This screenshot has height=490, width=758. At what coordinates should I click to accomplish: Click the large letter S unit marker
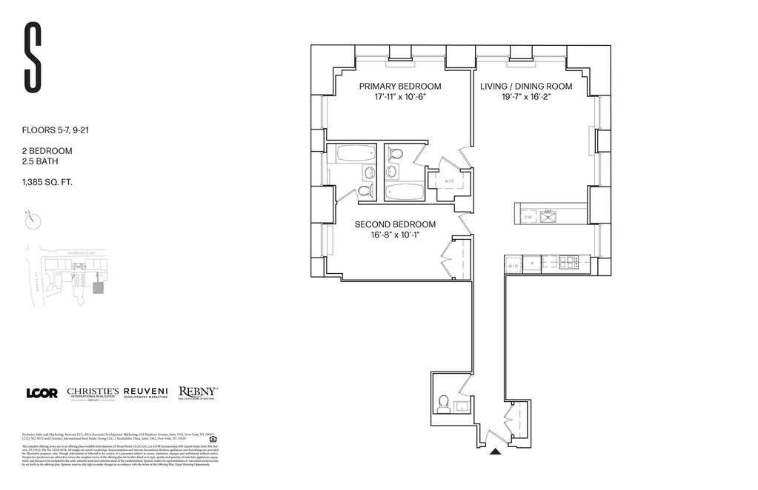click(x=32, y=58)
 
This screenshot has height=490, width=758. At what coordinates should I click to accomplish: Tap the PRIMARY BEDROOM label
click(x=400, y=87)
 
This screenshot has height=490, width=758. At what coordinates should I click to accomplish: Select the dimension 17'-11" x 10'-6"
click(x=400, y=98)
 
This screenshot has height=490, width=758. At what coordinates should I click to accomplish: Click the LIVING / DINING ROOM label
click(x=526, y=87)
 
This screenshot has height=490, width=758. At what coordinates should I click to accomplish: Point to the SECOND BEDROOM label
click(x=395, y=224)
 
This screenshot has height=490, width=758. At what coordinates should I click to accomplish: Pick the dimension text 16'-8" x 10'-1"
click(x=395, y=235)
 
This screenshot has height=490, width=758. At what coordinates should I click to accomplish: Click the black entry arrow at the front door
click(x=496, y=449)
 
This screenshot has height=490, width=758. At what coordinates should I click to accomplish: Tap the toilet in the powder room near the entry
click(x=444, y=403)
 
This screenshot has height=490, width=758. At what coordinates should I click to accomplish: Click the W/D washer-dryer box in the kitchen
click(x=513, y=264)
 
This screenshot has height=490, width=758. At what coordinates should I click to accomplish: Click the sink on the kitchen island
click(x=548, y=216)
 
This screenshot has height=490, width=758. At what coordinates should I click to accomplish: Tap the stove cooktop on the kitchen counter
click(x=569, y=261)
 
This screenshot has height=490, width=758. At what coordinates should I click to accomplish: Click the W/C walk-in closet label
click(x=449, y=181)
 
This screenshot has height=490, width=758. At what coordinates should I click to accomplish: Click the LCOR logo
click(x=41, y=393)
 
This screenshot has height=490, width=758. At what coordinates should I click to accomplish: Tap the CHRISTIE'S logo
click(x=93, y=393)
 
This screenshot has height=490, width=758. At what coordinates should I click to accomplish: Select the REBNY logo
click(x=197, y=393)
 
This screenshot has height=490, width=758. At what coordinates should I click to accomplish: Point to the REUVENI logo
click(x=145, y=393)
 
